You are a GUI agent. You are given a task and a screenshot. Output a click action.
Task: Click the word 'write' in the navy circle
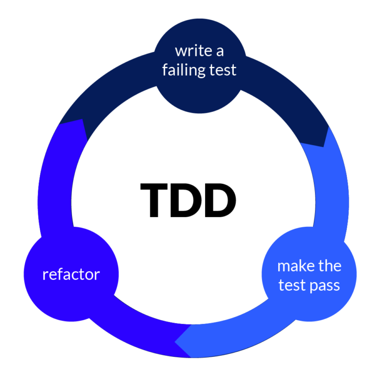tap(189, 51)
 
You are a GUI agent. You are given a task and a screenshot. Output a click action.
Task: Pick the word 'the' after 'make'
tap(330, 266)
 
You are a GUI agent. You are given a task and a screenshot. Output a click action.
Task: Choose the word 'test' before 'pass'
tap(292, 285)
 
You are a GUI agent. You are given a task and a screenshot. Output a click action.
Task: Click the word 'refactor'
tap(71, 275)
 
